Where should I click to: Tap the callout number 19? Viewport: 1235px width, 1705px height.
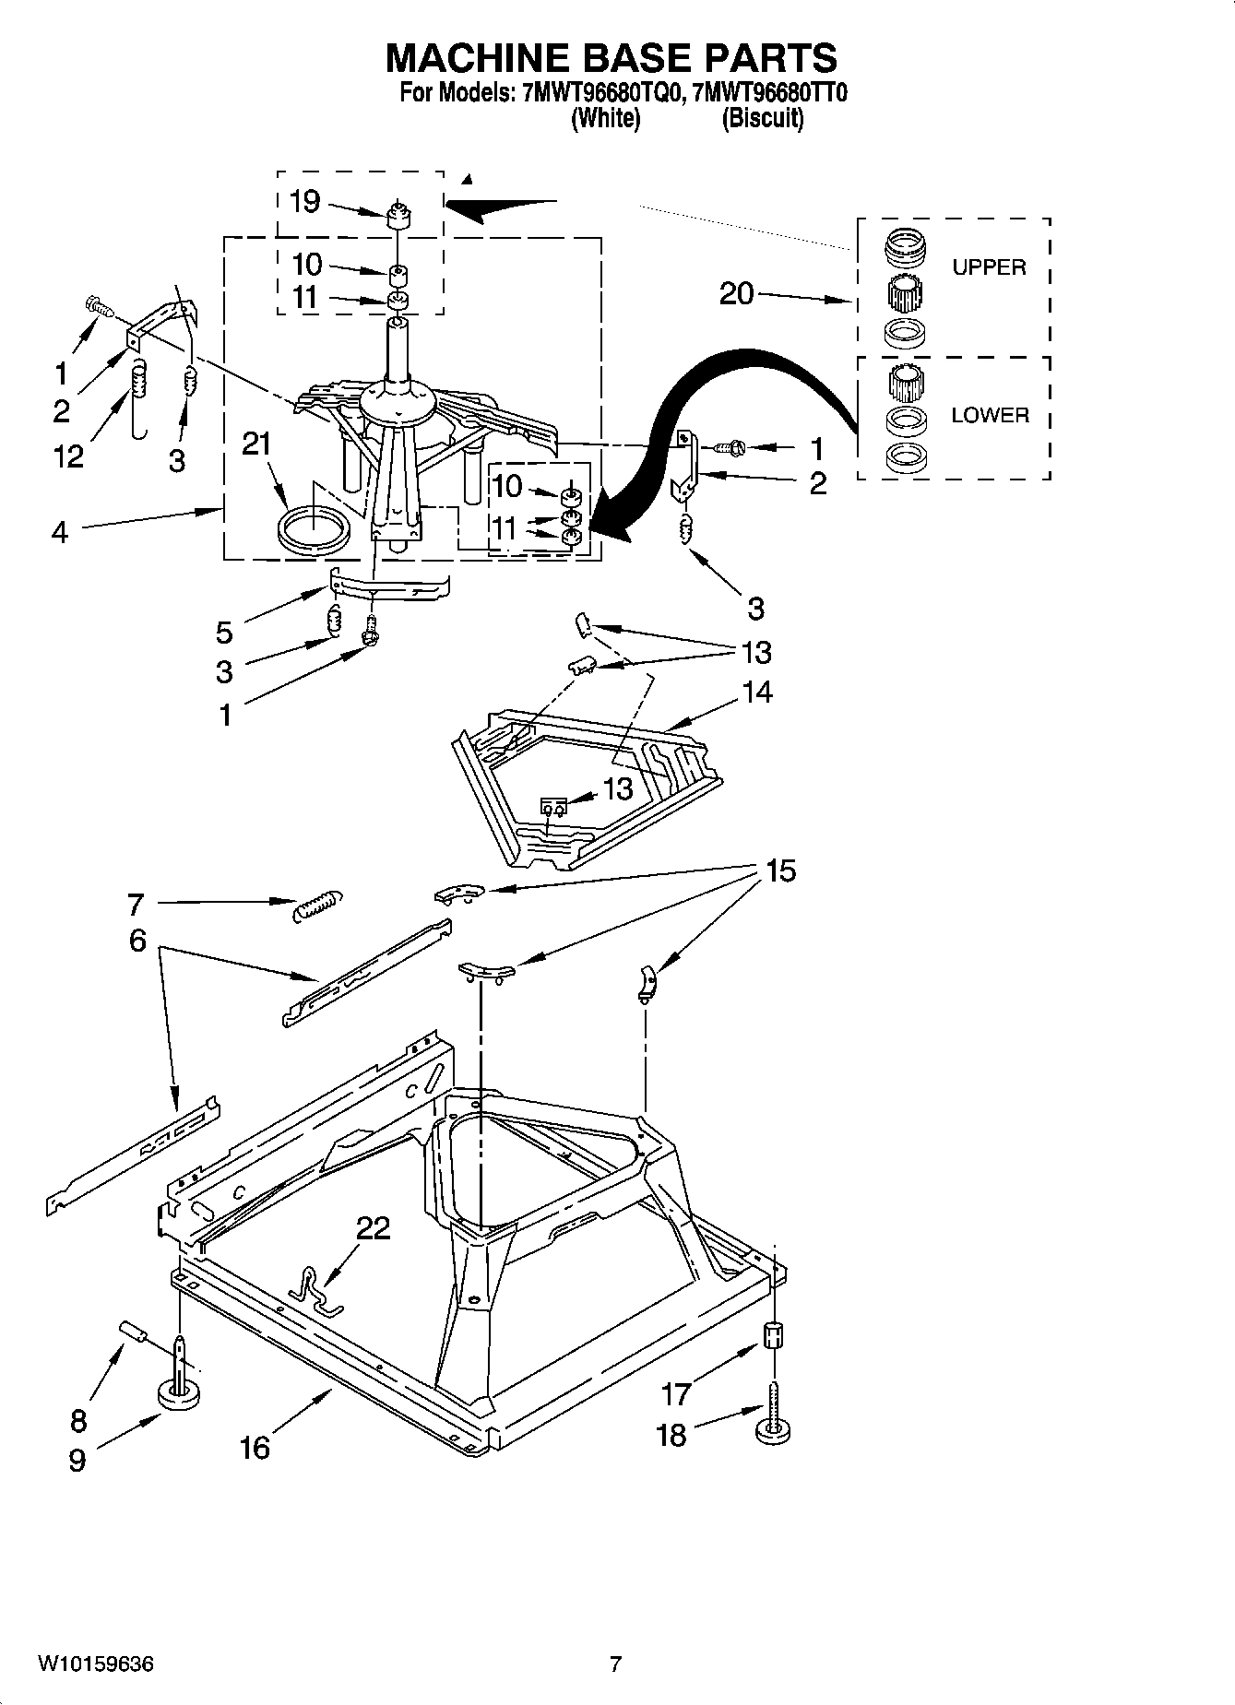click(x=304, y=201)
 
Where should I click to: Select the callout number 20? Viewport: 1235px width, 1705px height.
click(x=736, y=294)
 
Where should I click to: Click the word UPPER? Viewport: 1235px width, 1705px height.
click(x=989, y=267)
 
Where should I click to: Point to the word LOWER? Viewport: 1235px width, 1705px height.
click(x=990, y=415)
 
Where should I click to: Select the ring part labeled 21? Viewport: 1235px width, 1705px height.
click(x=314, y=532)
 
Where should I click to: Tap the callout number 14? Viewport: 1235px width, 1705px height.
click(x=756, y=692)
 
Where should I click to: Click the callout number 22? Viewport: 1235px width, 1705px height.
click(x=373, y=1227)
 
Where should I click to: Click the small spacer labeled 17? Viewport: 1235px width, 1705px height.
click(x=774, y=1335)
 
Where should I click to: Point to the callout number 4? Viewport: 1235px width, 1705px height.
click(x=59, y=532)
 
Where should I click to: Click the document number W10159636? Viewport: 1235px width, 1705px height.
click(x=95, y=1664)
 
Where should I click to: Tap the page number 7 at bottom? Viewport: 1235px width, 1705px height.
click(x=616, y=1664)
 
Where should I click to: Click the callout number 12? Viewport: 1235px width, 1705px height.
click(x=69, y=456)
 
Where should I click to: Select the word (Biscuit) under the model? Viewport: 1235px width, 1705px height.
click(x=762, y=119)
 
